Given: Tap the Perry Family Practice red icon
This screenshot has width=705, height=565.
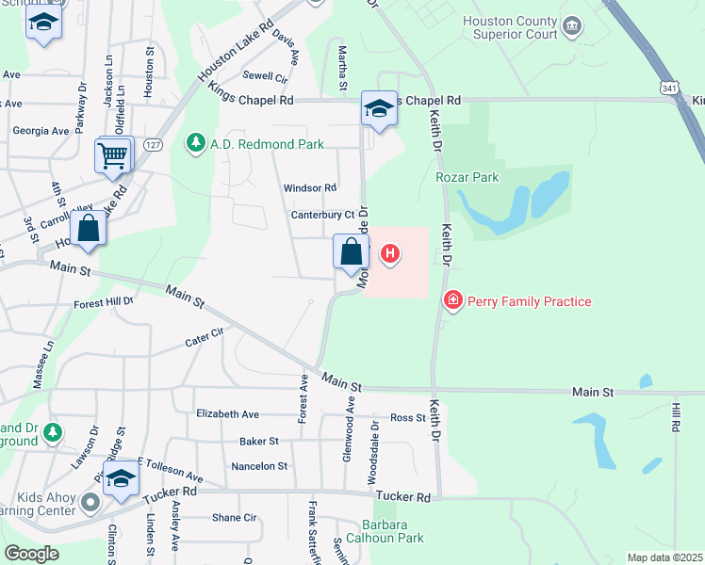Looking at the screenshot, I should pos(453,300).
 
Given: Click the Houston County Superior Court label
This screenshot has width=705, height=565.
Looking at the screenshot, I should pos(510,28).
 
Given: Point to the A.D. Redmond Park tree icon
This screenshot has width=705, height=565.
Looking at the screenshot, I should pos(195,143).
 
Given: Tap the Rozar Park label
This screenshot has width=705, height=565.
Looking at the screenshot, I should pos(467,176).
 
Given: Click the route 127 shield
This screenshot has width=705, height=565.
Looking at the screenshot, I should pos(154,144).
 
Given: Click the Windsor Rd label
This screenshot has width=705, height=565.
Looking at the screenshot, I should pos(310,188).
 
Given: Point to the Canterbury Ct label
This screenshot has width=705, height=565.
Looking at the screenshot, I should pos(321,216).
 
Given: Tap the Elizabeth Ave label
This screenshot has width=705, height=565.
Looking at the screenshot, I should pos(227,413).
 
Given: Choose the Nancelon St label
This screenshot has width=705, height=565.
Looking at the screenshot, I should pos(259,466).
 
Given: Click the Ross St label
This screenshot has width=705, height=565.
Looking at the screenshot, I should pos(408,418).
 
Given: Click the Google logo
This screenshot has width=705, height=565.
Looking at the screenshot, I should pos(31,554).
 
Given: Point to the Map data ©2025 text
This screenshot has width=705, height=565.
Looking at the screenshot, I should pos(664,557).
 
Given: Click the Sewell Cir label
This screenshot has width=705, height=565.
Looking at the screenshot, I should pos(265,76).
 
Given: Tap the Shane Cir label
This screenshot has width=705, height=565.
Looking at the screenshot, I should pos(234,517).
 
